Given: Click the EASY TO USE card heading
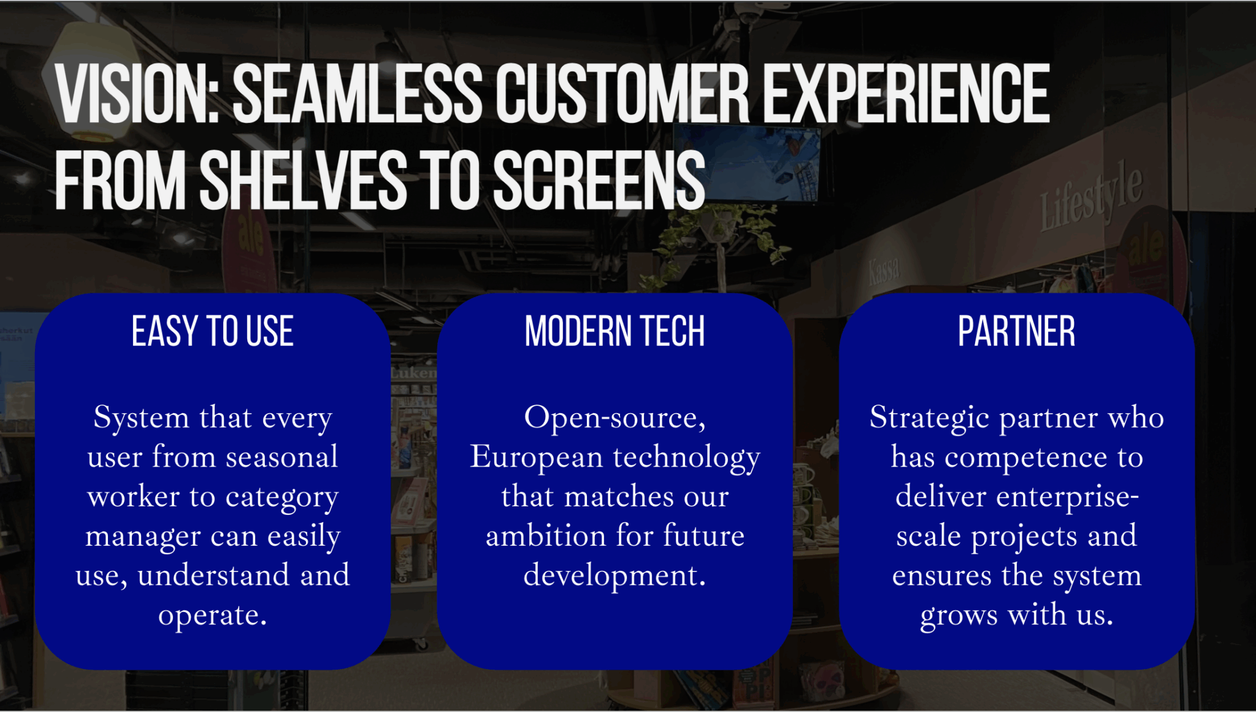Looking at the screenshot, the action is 213,331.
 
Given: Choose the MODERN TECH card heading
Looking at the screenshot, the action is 615,331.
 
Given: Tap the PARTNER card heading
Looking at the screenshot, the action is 1016,331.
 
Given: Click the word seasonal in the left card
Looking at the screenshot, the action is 281,457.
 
